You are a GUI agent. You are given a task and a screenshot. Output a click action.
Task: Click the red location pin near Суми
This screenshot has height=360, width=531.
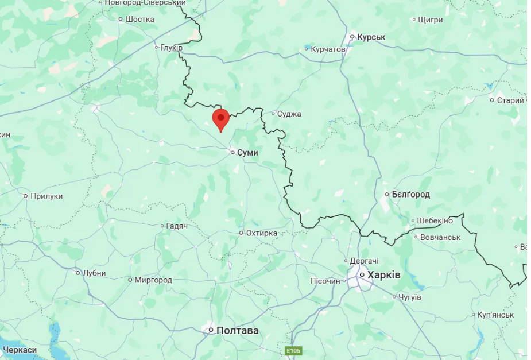(x=221, y=119)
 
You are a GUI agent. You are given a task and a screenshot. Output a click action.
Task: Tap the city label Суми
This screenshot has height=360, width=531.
(x=247, y=153)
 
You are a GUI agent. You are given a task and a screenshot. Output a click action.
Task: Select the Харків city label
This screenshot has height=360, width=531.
(x=383, y=275)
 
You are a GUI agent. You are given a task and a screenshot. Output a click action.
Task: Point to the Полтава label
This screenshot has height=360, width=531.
(x=237, y=330)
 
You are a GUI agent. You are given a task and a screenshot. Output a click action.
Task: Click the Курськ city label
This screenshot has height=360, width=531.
(x=371, y=37)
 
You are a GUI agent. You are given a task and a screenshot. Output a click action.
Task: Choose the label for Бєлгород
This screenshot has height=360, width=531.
(x=411, y=195)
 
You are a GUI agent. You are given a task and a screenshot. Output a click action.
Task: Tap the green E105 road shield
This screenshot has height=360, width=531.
(x=294, y=350)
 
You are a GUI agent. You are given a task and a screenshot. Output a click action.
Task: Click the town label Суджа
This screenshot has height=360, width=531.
(x=289, y=114)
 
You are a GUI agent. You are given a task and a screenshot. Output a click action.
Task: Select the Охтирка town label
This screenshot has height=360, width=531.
(x=261, y=233)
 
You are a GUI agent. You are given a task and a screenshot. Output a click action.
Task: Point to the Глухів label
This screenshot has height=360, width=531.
(x=171, y=47)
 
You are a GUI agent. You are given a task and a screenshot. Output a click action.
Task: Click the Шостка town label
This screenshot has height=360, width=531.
(x=139, y=19)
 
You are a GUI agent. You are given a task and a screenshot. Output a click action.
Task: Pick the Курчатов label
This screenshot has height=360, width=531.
(x=328, y=49)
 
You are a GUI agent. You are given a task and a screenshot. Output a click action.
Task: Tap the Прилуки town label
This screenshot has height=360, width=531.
(x=46, y=196)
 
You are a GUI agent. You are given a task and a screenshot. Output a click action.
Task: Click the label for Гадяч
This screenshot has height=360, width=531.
(x=177, y=226)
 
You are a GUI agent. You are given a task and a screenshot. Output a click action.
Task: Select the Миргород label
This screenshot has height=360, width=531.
(x=153, y=280)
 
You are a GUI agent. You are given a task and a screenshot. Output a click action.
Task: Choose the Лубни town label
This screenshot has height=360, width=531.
(x=94, y=273)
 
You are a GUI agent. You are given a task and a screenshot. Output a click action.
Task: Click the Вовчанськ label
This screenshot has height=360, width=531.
(x=440, y=237)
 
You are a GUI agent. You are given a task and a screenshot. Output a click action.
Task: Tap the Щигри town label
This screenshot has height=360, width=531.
(x=431, y=20)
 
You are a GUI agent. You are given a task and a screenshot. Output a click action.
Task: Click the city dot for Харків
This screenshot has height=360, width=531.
(x=362, y=276)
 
